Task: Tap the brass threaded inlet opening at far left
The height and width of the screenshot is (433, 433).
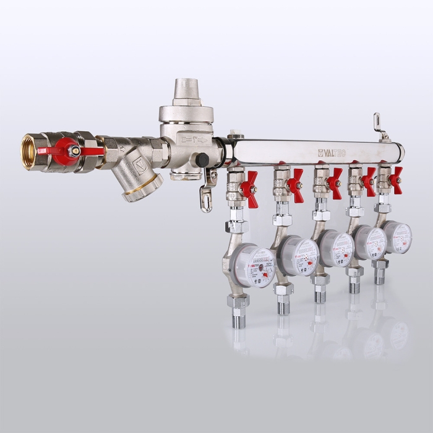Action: [28, 152]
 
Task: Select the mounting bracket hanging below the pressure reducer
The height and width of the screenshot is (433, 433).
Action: [208, 194]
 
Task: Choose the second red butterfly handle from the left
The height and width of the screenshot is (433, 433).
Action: [296, 186]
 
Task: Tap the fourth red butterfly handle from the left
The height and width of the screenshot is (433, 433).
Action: [369, 181]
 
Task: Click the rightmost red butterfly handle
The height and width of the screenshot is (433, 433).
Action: [395, 179]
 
